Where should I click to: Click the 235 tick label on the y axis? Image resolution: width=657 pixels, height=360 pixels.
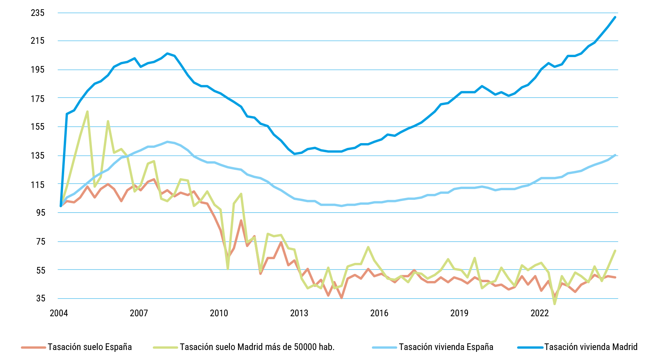coord(37,13)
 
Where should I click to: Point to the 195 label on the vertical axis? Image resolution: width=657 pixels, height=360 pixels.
coord(37,70)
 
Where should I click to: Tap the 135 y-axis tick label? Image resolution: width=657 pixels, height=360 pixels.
coord(37,156)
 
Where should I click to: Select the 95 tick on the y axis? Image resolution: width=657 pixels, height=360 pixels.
coord(40,212)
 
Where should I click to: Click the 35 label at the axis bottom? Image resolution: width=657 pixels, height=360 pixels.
coord(40,298)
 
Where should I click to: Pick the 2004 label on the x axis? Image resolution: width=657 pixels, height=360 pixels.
coord(59,313)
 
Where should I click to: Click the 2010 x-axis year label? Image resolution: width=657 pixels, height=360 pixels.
coord(219,313)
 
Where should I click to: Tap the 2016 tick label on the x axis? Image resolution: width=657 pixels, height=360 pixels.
coord(379,313)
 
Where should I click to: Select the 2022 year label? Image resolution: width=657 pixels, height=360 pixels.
coord(539,313)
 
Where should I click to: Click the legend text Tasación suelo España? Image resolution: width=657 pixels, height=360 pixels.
coord(90,347)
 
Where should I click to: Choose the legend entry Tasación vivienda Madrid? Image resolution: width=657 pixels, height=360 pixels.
coord(591,347)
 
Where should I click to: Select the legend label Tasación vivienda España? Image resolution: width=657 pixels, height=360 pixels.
coord(446,347)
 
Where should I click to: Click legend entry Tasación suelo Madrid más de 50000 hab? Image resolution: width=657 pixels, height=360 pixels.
coord(257,347)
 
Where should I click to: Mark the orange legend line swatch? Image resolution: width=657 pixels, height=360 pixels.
coord(34,347)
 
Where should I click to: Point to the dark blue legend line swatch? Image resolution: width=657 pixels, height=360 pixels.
coord(530,347)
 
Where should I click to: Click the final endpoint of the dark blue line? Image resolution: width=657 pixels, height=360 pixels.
coord(615,17)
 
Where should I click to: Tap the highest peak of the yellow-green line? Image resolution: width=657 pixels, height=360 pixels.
coord(87,111)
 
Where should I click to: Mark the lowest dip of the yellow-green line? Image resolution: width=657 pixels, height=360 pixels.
coord(555,304)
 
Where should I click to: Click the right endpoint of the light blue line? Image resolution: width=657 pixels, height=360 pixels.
coord(615,155)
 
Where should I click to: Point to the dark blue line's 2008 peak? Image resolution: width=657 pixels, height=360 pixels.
coord(168,53)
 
